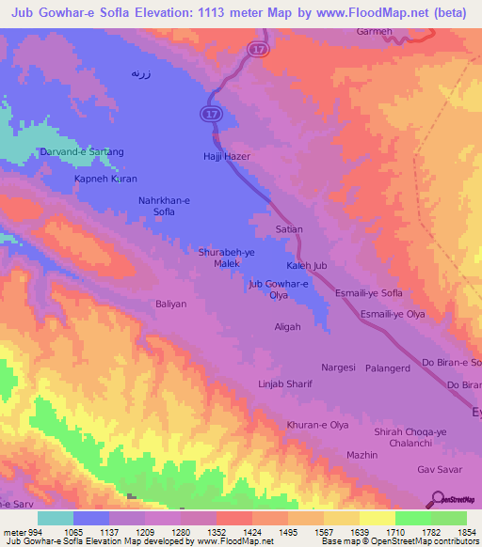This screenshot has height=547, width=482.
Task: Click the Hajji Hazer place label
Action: coord(225,155)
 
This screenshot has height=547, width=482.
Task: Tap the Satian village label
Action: coord(287,227)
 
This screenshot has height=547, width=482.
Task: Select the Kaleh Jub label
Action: coord(306,266)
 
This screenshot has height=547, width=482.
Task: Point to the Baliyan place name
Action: coord(171,304)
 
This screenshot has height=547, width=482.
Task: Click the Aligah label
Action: coord(287,326)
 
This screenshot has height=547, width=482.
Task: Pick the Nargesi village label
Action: coord(338,367)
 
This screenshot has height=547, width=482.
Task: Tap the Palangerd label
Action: coord(388,367)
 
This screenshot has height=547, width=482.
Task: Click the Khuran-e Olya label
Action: coord(318,425)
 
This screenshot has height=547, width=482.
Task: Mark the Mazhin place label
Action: coord(361,454)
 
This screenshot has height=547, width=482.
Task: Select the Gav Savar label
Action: coord(438,469)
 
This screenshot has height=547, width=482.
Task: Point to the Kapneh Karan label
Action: coord(105,178)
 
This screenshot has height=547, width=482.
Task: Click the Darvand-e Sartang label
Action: coord(82,151)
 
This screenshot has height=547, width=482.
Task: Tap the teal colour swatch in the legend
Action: coord(55,518)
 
